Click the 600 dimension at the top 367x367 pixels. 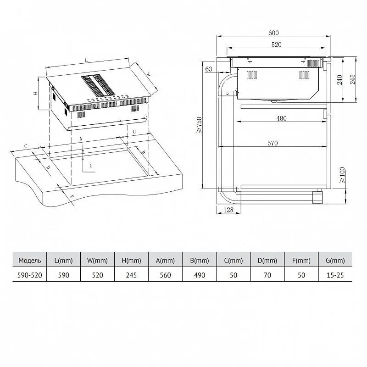273,33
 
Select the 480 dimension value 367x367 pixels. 281,118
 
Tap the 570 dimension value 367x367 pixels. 272,143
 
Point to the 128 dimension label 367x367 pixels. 228,210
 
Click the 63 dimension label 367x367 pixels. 209,69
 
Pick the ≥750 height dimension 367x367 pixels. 199,125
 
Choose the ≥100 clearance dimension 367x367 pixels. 342,175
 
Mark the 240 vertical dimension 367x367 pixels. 340,80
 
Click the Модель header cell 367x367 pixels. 30,260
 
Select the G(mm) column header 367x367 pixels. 335,260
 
